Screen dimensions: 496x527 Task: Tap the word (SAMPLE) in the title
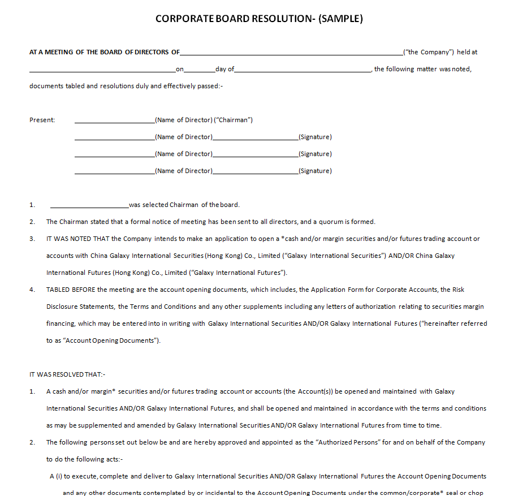click(340, 19)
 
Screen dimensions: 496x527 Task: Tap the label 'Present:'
click(42, 120)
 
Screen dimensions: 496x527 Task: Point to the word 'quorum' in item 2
click(331, 222)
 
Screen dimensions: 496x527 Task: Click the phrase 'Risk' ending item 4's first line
click(459, 290)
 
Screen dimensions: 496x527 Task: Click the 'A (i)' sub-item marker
click(57, 476)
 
